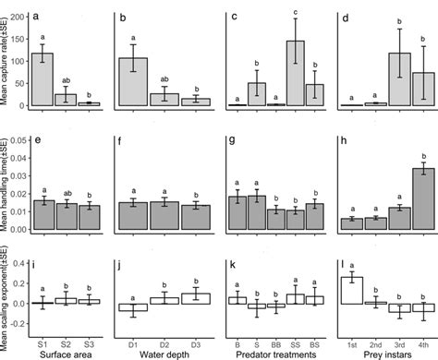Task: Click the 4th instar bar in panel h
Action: click(422, 198)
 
